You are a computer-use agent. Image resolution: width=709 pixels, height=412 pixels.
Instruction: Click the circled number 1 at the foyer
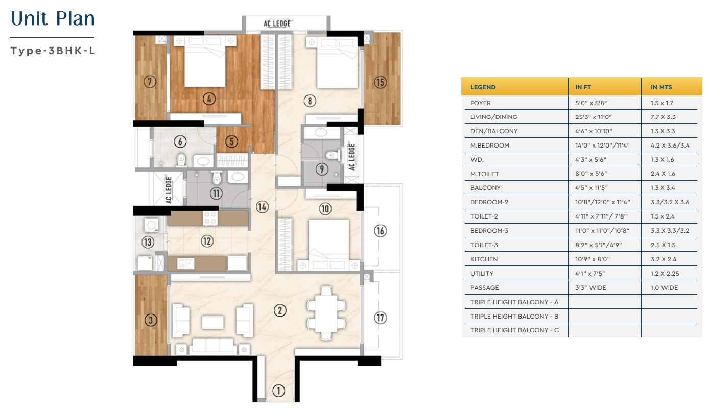[x=278, y=391]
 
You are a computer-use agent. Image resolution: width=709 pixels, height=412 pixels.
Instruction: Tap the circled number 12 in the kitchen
[x=207, y=241]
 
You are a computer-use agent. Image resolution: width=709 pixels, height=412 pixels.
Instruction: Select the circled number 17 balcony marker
[x=380, y=318]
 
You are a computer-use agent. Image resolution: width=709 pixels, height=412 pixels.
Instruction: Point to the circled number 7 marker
[x=150, y=82]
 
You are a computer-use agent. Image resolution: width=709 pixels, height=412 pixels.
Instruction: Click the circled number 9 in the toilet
[x=322, y=169]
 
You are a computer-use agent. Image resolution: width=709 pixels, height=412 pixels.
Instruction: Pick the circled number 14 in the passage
[x=262, y=207]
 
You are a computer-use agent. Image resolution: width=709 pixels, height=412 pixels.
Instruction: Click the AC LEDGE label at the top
[x=277, y=23]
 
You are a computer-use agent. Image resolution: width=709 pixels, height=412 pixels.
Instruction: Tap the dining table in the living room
[x=326, y=313]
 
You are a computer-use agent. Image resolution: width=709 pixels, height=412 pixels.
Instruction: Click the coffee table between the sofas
[x=212, y=323]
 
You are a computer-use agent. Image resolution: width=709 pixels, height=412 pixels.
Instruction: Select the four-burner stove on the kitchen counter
[x=210, y=219]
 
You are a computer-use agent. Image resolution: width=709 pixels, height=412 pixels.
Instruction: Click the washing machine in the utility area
[x=151, y=225]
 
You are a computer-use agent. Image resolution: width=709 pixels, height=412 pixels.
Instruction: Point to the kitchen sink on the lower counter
[x=185, y=263]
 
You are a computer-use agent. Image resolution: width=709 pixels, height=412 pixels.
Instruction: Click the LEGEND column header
[x=483, y=87]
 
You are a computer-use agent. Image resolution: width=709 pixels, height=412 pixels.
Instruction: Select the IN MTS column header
[x=661, y=87]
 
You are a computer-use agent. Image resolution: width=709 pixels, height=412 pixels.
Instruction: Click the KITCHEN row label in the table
[x=484, y=259]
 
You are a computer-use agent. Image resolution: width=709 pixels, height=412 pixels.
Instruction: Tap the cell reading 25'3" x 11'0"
[x=593, y=117]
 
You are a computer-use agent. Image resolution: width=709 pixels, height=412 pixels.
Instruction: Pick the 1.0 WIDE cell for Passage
[x=664, y=287]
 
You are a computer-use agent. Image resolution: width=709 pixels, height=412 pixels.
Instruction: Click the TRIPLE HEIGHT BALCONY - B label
[x=514, y=316]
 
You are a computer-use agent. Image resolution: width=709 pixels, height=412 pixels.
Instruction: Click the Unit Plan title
[x=53, y=18]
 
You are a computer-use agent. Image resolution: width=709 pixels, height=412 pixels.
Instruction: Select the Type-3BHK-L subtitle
[x=53, y=51]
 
